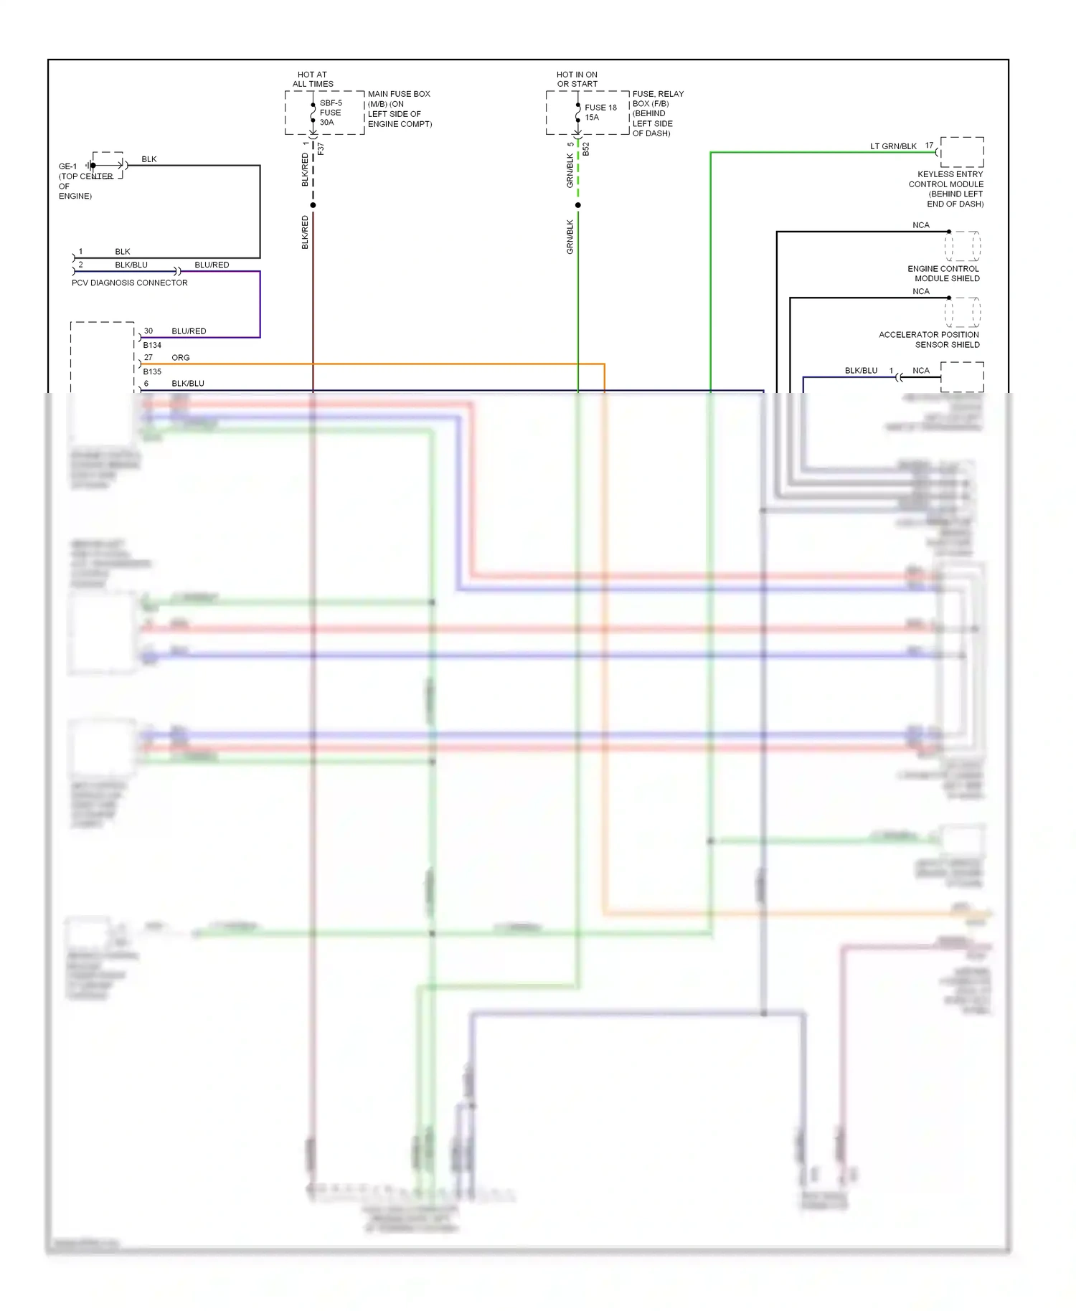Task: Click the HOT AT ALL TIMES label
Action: click(x=313, y=79)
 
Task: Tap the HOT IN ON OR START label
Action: click(x=577, y=79)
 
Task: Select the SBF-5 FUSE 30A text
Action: click(x=331, y=113)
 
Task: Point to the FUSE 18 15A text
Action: click(x=600, y=113)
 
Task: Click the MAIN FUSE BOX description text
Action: click(x=400, y=109)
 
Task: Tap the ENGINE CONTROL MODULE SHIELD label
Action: click(x=943, y=273)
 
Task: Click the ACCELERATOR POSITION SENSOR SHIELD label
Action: click(x=929, y=339)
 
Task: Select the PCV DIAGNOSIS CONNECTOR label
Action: click(x=130, y=283)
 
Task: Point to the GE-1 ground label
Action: click(x=67, y=166)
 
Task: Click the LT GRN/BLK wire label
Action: click(x=893, y=146)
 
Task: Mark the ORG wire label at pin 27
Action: click(x=181, y=357)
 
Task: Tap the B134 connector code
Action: click(x=152, y=345)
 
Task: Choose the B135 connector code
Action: click(x=152, y=371)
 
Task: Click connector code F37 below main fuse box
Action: click(x=321, y=148)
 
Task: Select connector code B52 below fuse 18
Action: click(x=586, y=148)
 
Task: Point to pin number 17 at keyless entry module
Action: click(x=929, y=146)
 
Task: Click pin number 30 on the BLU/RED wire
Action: click(x=148, y=331)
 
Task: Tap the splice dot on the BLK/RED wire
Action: click(x=313, y=205)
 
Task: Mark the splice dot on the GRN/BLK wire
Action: click(x=578, y=205)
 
